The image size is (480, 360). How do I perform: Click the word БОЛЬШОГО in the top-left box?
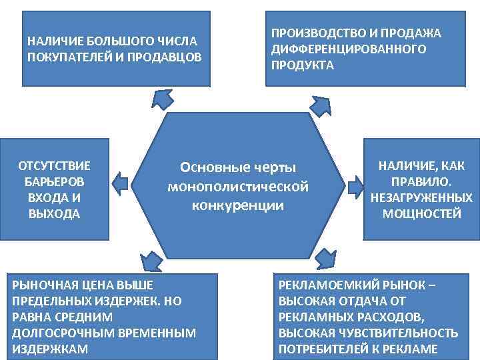(106, 41)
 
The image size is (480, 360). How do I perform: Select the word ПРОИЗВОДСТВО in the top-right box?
(309, 33)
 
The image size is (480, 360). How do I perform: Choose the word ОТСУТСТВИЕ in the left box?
(55, 165)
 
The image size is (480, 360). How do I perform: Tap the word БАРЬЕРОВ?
(55, 181)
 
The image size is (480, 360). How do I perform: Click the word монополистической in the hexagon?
(238, 186)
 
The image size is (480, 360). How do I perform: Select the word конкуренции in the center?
(238, 205)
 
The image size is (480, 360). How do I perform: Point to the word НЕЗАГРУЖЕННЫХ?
(421, 198)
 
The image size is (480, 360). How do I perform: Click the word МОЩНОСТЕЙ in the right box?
(421, 214)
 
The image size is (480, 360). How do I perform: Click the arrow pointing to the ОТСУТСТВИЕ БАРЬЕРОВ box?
(120, 181)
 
